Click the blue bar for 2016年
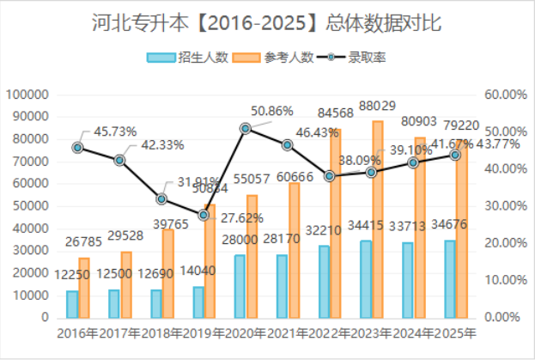(72, 304)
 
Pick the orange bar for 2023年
(378, 219)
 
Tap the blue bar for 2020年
(240, 286)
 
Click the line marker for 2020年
(246, 129)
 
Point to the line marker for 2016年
(78, 148)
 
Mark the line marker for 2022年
(329, 176)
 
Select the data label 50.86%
(272, 111)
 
